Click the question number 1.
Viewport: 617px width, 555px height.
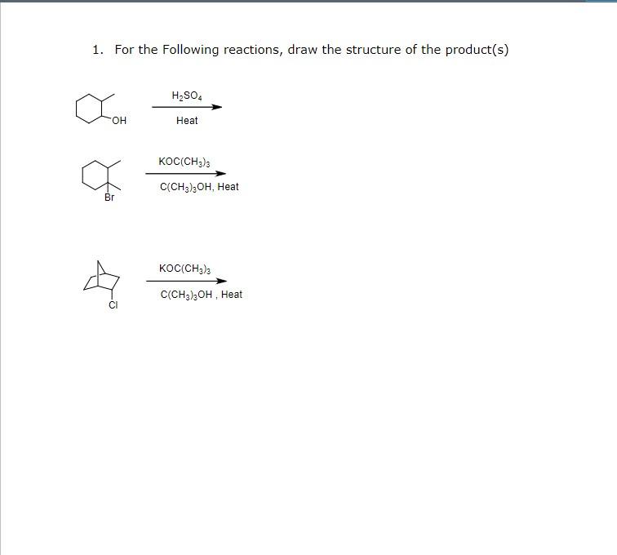click(x=97, y=50)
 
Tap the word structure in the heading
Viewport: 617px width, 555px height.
click(x=374, y=50)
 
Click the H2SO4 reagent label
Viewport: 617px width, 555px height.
click(x=186, y=96)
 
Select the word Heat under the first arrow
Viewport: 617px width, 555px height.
click(x=187, y=121)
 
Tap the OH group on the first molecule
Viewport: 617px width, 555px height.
click(x=119, y=122)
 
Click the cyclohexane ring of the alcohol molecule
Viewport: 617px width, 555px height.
click(x=89, y=109)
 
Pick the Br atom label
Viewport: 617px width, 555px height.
click(x=109, y=198)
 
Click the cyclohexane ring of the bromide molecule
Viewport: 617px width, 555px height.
click(x=95, y=174)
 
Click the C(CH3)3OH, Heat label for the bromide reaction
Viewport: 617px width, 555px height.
click(x=199, y=187)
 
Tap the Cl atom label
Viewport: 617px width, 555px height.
click(x=113, y=305)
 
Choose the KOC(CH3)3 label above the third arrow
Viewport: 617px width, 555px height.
click(x=184, y=269)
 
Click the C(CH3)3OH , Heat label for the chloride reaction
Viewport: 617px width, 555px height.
click(x=201, y=295)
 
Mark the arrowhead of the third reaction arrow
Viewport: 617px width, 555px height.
click(x=222, y=281)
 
